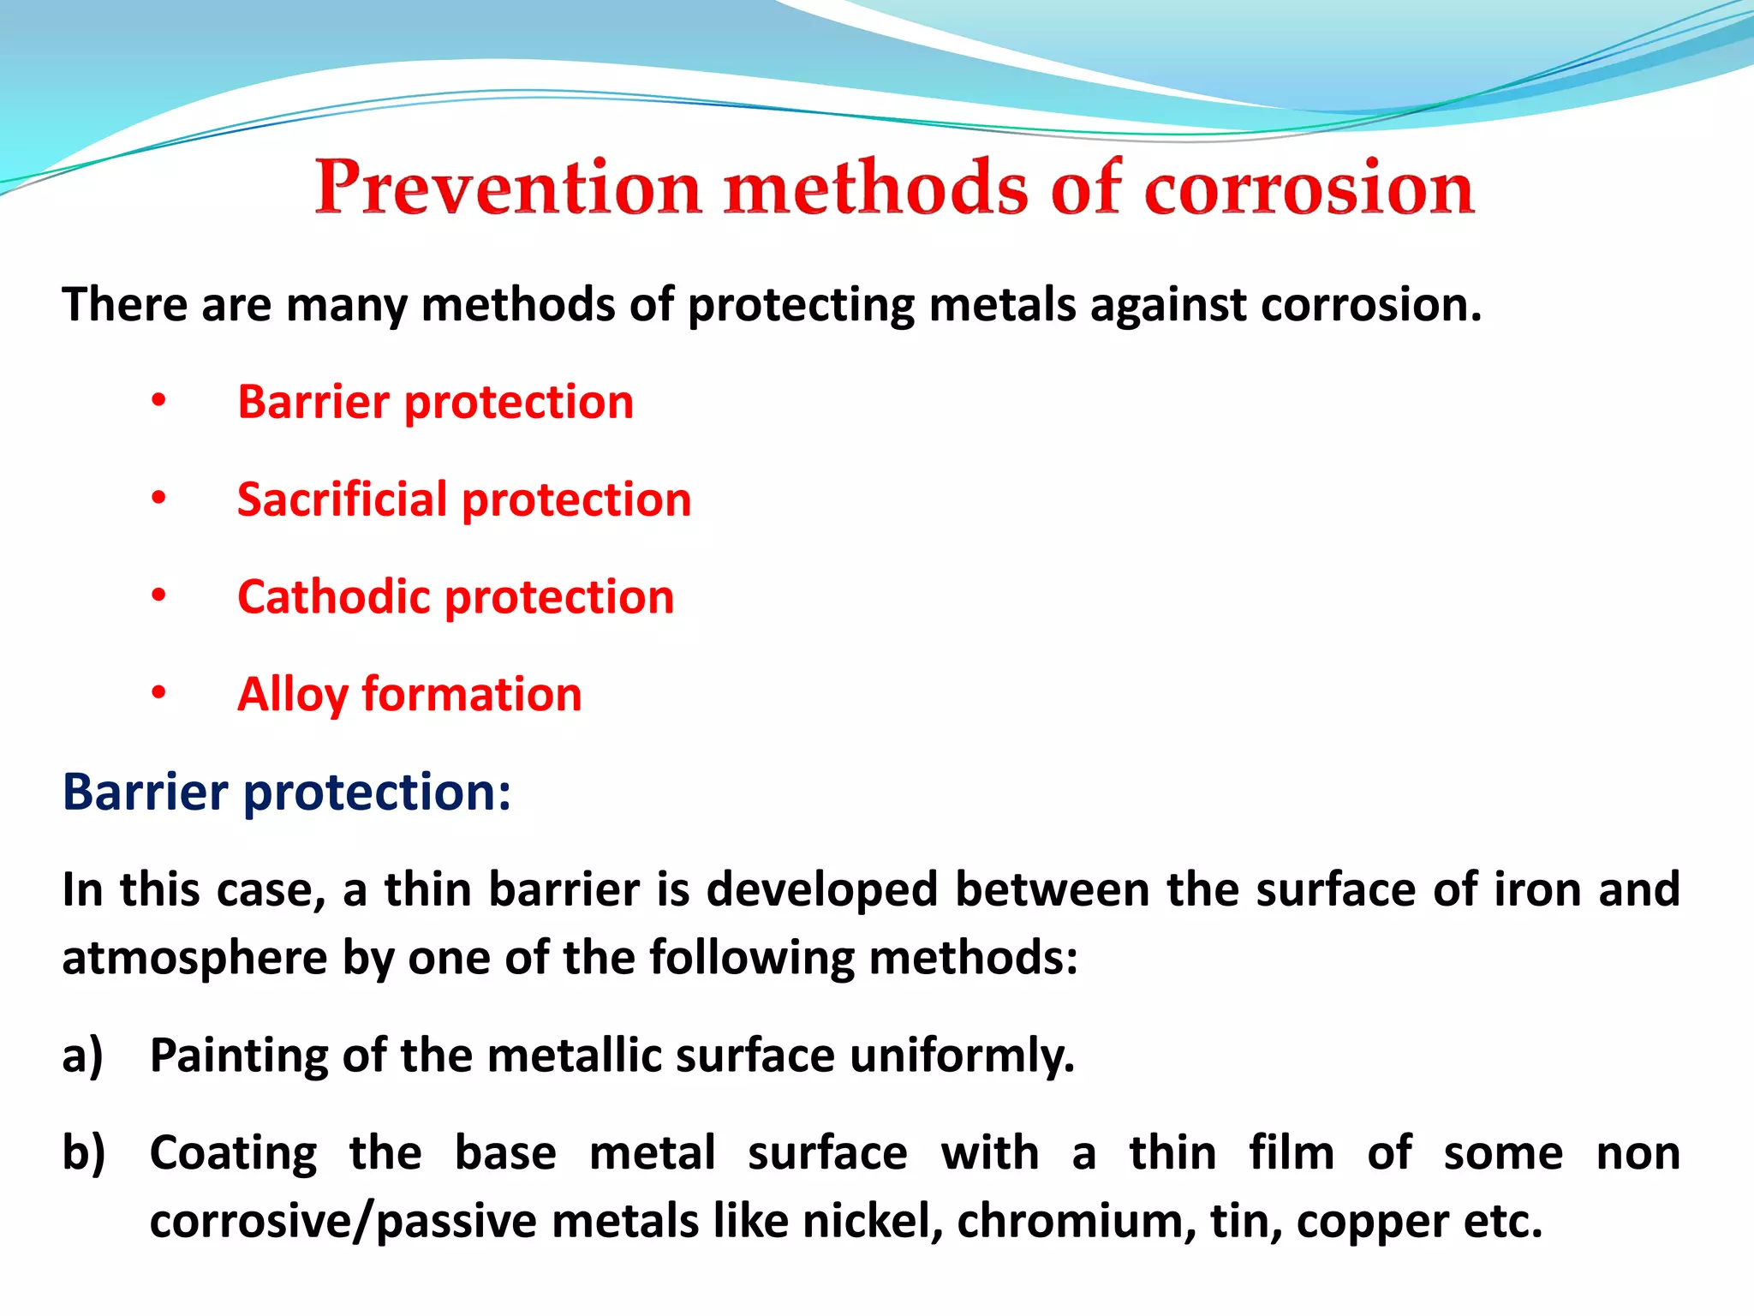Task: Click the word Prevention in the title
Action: point(509,188)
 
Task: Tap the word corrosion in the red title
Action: point(1309,188)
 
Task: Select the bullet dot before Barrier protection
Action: point(158,400)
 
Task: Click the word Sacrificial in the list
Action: point(342,499)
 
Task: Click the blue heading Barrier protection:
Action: point(287,792)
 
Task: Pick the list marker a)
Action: point(82,1056)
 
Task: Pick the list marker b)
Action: point(83,1153)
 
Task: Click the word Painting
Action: point(239,1056)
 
